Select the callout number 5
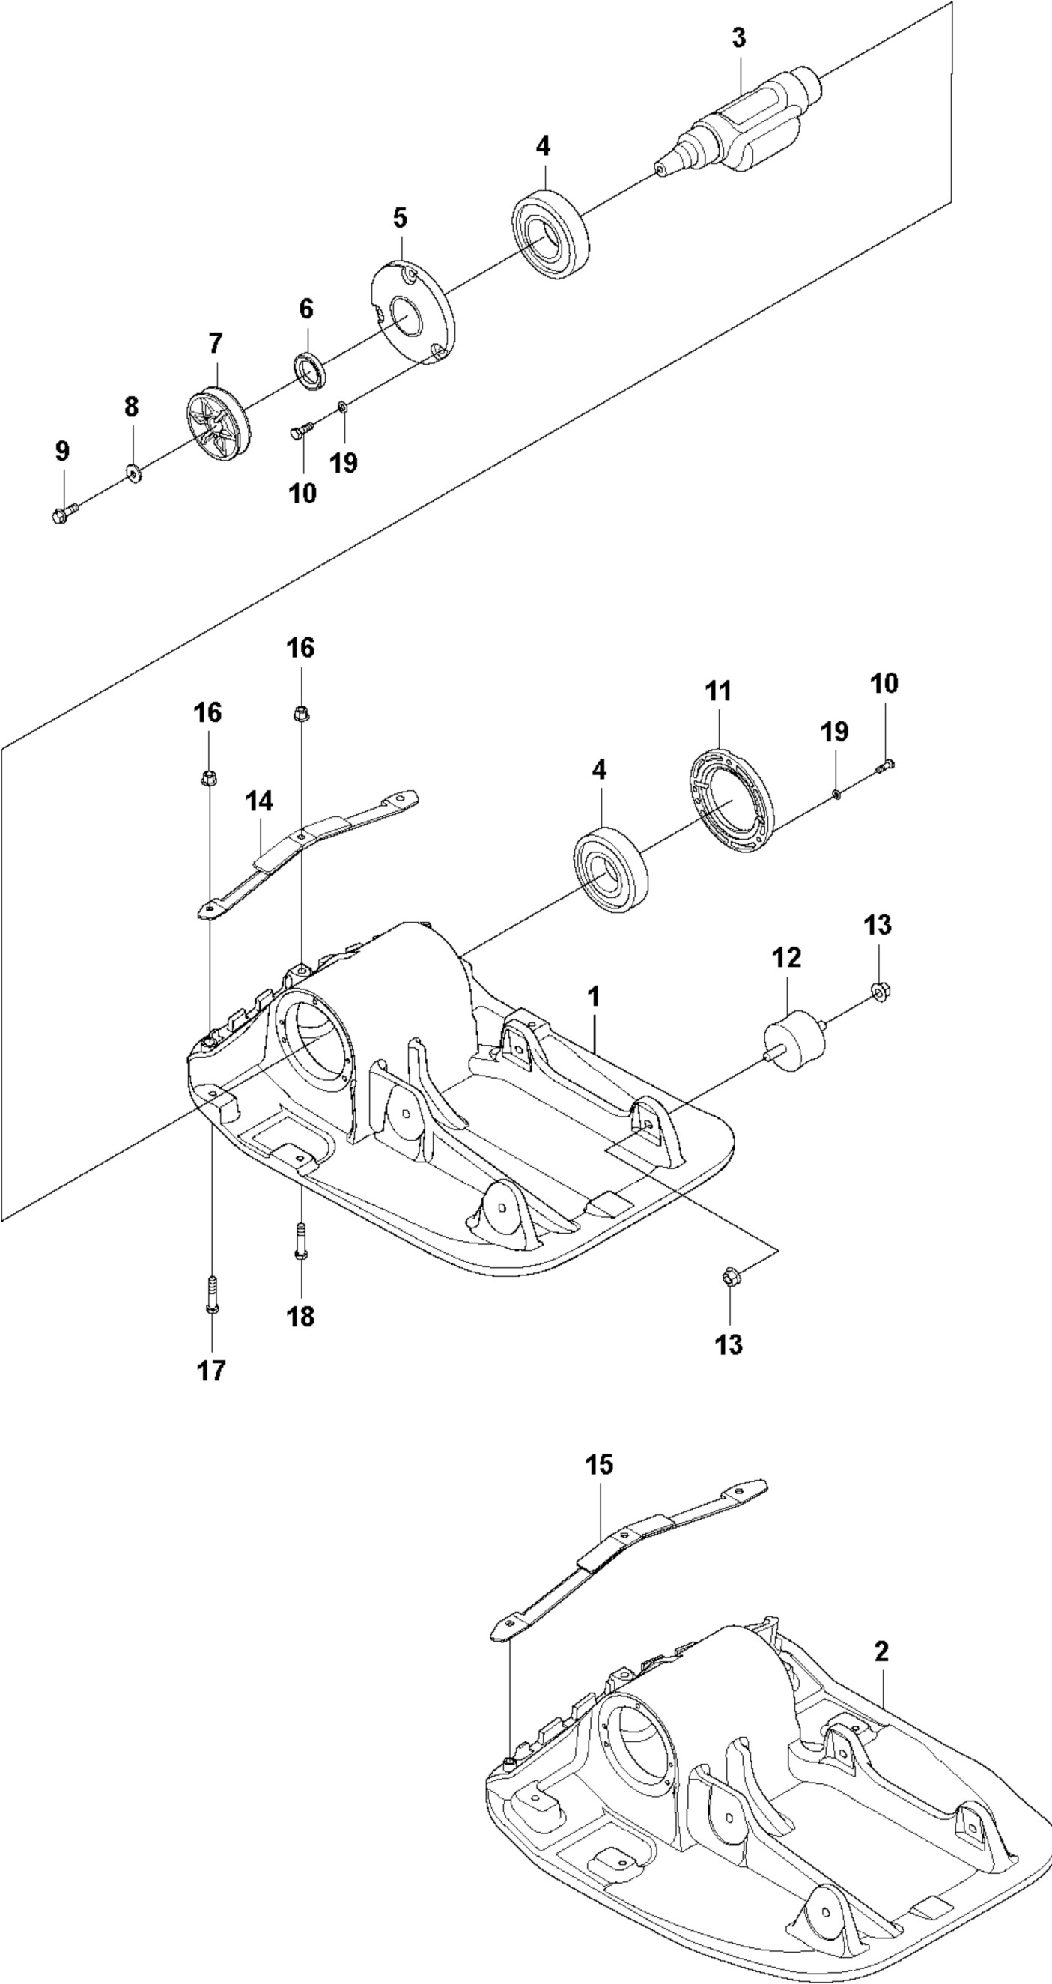click(x=400, y=218)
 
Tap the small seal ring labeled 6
click(x=311, y=371)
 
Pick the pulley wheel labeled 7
click(x=217, y=424)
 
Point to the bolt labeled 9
click(x=64, y=512)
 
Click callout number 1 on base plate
click(x=593, y=997)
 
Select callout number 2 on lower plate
click(x=881, y=1651)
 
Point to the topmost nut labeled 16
click(x=301, y=715)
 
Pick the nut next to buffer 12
click(x=878, y=991)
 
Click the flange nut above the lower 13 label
click(x=729, y=1278)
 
